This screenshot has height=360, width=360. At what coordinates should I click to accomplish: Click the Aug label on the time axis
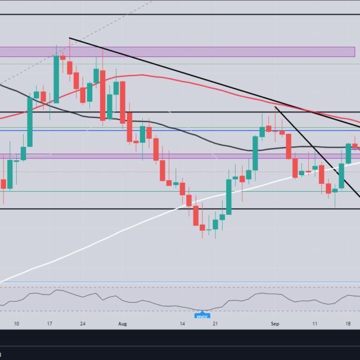click(x=123, y=324)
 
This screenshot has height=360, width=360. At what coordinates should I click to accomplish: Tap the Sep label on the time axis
click(x=275, y=324)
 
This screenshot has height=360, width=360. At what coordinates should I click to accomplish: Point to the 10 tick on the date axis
click(x=16, y=324)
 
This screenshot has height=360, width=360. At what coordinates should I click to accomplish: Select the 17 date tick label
click(x=50, y=324)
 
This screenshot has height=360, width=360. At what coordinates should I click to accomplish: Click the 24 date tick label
click(x=83, y=324)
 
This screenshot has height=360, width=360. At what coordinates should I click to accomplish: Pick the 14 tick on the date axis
click(x=182, y=324)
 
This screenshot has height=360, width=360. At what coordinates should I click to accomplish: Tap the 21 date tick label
click(x=215, y=324)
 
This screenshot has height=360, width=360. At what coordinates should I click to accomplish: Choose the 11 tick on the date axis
click(x=315, y=324)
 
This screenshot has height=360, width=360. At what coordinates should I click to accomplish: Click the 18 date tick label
click(x=348, y=324)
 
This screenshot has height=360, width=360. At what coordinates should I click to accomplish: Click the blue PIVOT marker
click(x=202, y=315)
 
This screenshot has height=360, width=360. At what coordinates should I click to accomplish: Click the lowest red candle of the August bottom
click(x=202, y=227)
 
